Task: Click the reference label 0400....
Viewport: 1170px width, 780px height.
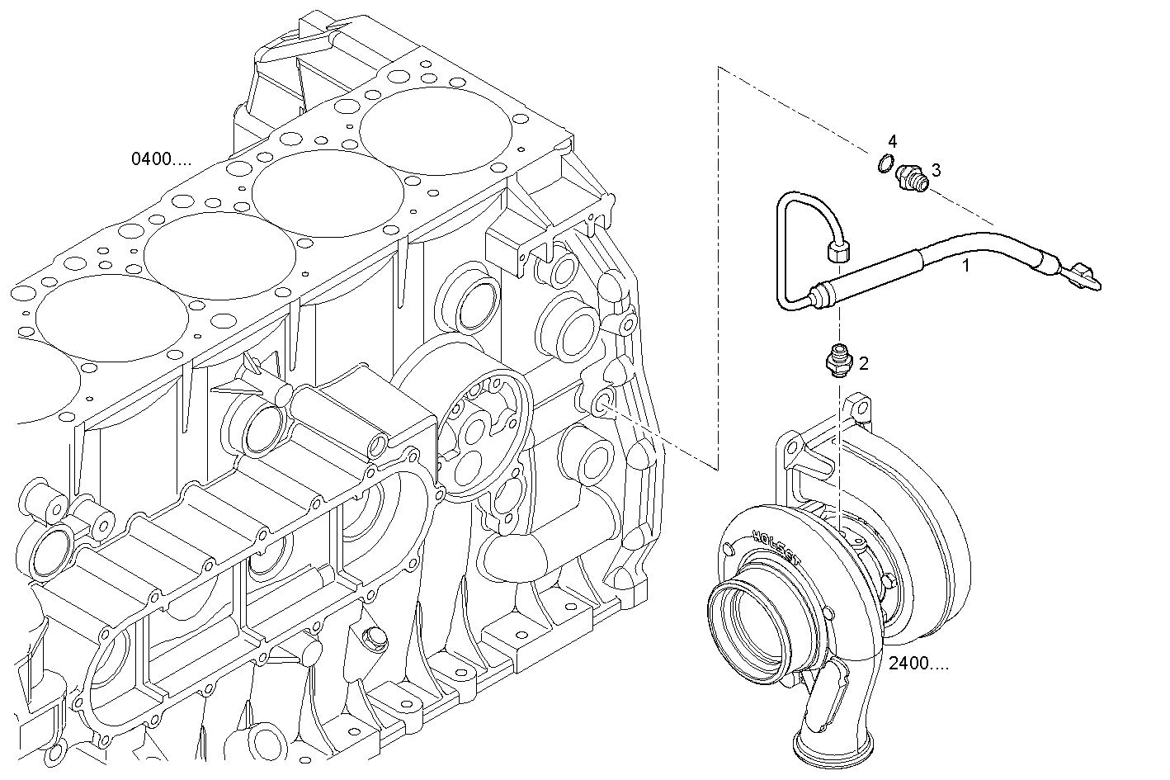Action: pyautogui.click(x=161, y=158)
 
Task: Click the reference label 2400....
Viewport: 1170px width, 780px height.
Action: pyautogui.click(x=918, y=663)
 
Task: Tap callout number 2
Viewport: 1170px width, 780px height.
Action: pyautogui.click(x=863, y=362)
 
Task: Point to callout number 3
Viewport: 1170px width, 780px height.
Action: pyautogui.click(x=936, y=169)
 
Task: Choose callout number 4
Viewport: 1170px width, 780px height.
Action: pyautogui.click(x=893, y=141)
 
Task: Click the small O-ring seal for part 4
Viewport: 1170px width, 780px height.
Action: pyautogui.click(x=885, y=164)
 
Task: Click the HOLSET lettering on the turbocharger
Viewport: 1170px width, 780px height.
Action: pyautogui.click(x=776, y=547)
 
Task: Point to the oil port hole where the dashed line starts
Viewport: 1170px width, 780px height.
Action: pyautogui.click(x=602, y=402)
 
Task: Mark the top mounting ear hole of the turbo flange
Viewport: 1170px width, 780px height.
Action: pyautogui.click(x=858, y=408)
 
